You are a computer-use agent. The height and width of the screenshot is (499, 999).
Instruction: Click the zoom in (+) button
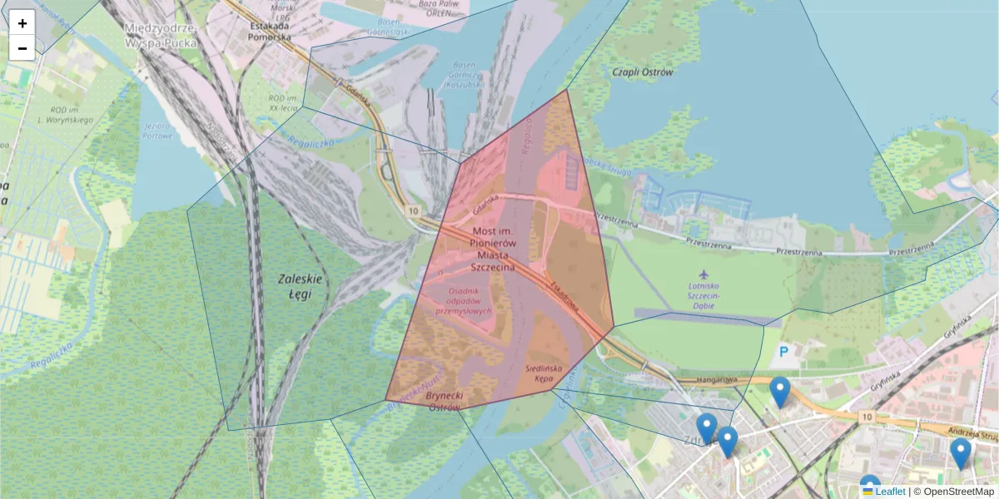[22, 22]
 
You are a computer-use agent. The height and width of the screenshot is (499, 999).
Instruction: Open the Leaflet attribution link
[890, 492]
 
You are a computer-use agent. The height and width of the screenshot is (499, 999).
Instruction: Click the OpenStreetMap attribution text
[957, 492]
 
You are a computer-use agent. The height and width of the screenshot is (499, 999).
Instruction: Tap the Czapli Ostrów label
[642, 72]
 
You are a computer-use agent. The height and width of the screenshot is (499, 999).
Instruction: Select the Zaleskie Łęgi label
[295, 287]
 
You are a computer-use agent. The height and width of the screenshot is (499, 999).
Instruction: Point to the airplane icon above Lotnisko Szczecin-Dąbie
[704, 274]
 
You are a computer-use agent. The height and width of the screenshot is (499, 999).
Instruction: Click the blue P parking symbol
[783, 353]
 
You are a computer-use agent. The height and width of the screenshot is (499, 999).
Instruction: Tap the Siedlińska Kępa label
[545, 373]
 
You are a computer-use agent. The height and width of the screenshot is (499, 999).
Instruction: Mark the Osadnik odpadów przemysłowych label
[465, 300]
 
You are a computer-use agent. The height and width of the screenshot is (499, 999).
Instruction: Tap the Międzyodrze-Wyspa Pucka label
[160, 35]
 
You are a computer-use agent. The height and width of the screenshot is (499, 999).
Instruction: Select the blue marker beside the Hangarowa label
[780, 391]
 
